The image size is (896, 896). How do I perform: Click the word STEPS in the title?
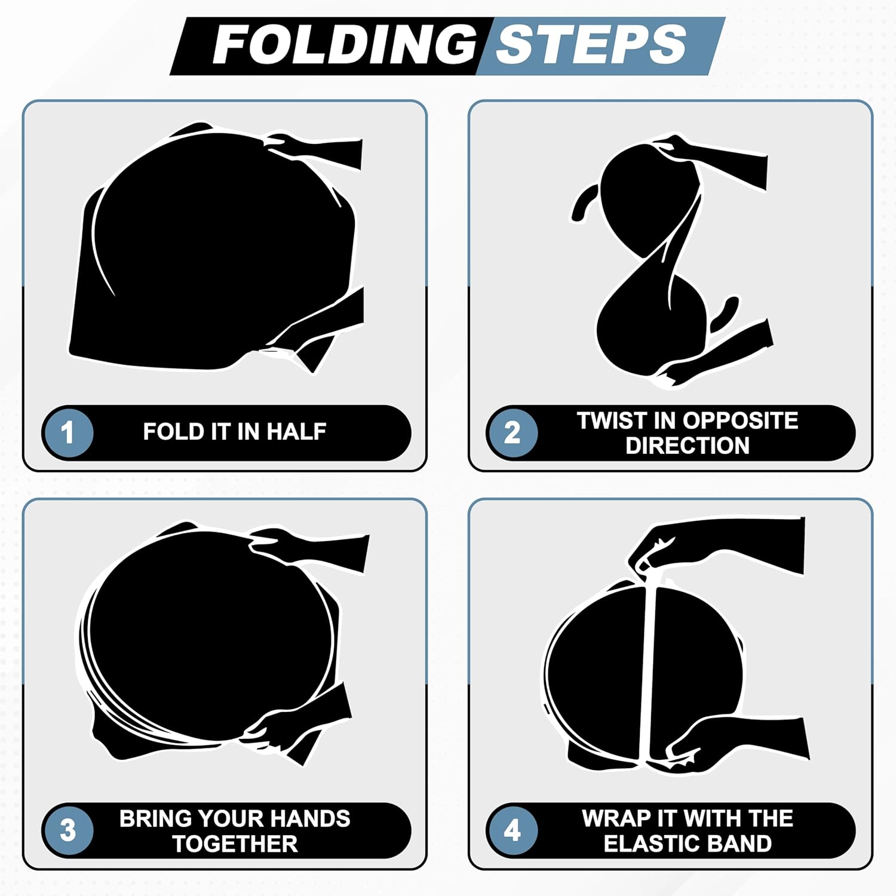pyautogui.click(x=591, y=45)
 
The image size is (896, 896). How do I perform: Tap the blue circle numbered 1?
pyautogui.click(x=68, y=432)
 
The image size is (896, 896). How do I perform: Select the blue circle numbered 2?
pyautogui.click(x=513, y=432)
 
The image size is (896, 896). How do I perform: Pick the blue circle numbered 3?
pyautogui.click(x=68, y=830)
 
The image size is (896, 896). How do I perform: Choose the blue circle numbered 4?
pyautogui.click(x=513, y=830)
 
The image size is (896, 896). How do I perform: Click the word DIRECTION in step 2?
pyautogui.click(x=688, y=446)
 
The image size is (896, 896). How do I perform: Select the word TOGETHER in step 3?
pyautogui.click(x=235, y=844)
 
